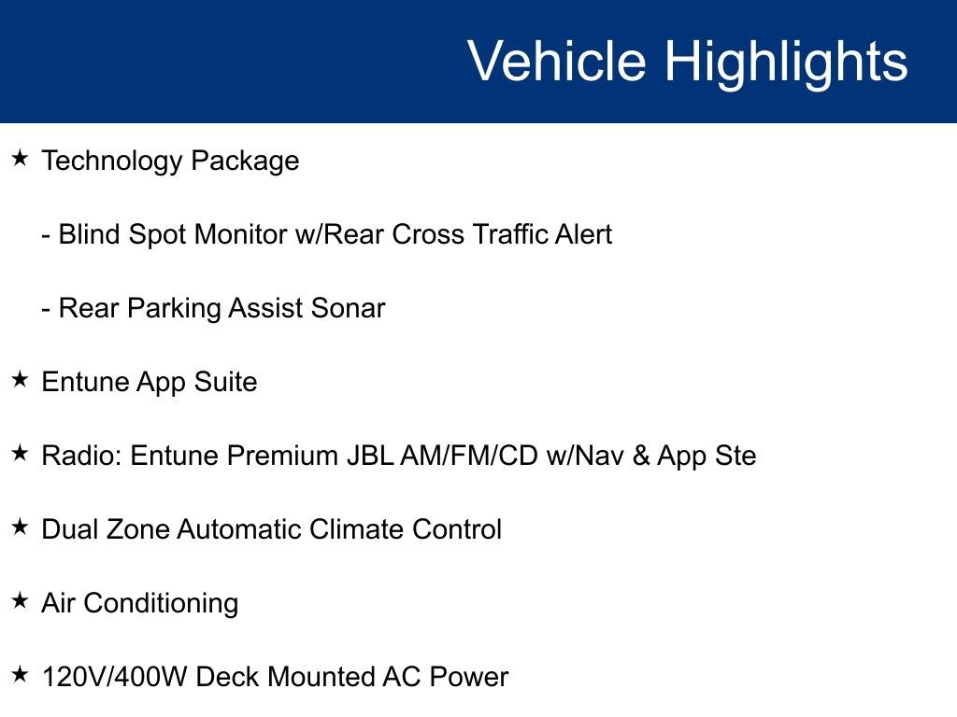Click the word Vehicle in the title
(557, 62)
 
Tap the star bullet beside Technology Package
(20, 159)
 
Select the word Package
(245, 162)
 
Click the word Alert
(583, 234)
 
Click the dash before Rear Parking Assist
(46, 309)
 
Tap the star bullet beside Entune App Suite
(20, 380)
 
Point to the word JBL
(370, 456)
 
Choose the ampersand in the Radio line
(641, 456)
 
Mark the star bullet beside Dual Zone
(20, 527)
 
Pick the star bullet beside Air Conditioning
(20, 601)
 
